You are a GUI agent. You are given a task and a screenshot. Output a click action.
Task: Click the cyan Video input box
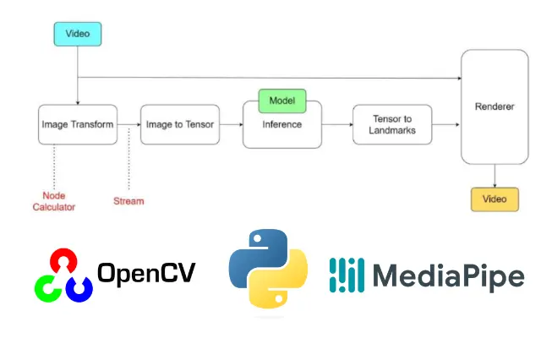(78, 34)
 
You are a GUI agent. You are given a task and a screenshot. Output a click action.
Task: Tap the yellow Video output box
(495, 199)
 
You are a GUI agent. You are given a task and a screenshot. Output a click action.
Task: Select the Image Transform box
(78, 124)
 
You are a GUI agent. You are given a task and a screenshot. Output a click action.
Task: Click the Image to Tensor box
(180, 124)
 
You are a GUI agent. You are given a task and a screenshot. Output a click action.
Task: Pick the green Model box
(282, 101)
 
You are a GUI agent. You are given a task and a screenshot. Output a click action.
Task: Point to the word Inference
(281, 124)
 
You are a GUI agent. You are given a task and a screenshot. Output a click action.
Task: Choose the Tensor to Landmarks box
(392, 124)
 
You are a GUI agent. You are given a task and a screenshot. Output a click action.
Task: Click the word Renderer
(495, 106)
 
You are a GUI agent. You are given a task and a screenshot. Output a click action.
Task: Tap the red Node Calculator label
(54, 201)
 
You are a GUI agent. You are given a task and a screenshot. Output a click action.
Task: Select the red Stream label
(128, 201)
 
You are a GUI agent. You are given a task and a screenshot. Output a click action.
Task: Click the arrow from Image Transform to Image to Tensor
(129, 124)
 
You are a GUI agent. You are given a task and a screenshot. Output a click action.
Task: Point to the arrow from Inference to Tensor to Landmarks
(337, 124)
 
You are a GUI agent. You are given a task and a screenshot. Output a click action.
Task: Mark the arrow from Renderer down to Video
(495, 176)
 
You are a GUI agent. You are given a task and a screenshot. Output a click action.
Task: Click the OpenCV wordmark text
(146, 273)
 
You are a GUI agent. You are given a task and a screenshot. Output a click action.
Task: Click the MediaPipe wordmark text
(449, 275)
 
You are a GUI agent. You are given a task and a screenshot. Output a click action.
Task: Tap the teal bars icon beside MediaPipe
(347, 275)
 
